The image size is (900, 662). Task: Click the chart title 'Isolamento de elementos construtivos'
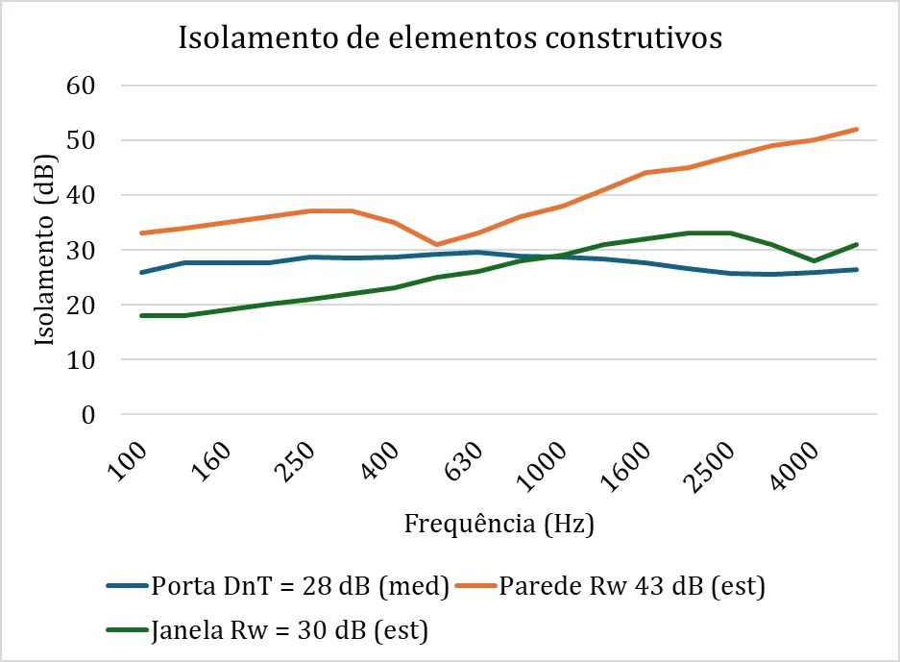450,39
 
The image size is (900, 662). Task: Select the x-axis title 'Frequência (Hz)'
499,525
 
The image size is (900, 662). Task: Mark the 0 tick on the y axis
91,415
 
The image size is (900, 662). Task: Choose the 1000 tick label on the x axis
546,465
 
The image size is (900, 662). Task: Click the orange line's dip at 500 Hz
436,244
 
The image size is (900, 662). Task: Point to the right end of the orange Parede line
857,129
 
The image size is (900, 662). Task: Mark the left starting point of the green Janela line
141,315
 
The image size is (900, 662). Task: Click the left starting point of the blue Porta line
141,273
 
